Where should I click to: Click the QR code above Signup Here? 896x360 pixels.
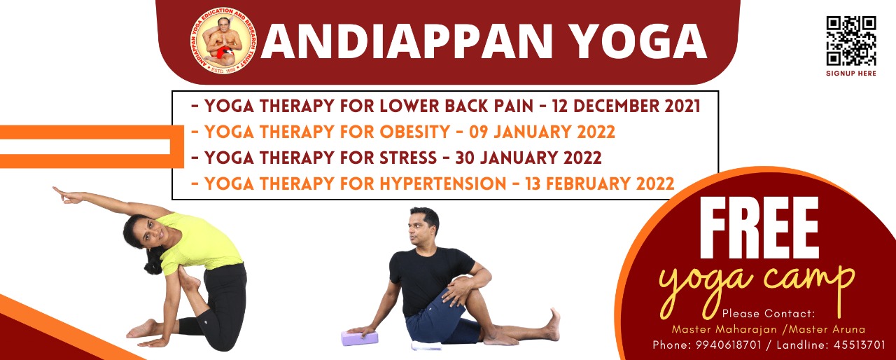pos(850,40)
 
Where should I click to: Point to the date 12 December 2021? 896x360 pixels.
pos(626,106)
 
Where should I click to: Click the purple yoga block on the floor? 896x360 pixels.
pos(359,338)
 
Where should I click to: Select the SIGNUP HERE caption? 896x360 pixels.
pos(850,74)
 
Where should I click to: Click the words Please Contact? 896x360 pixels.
pos(769,313)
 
